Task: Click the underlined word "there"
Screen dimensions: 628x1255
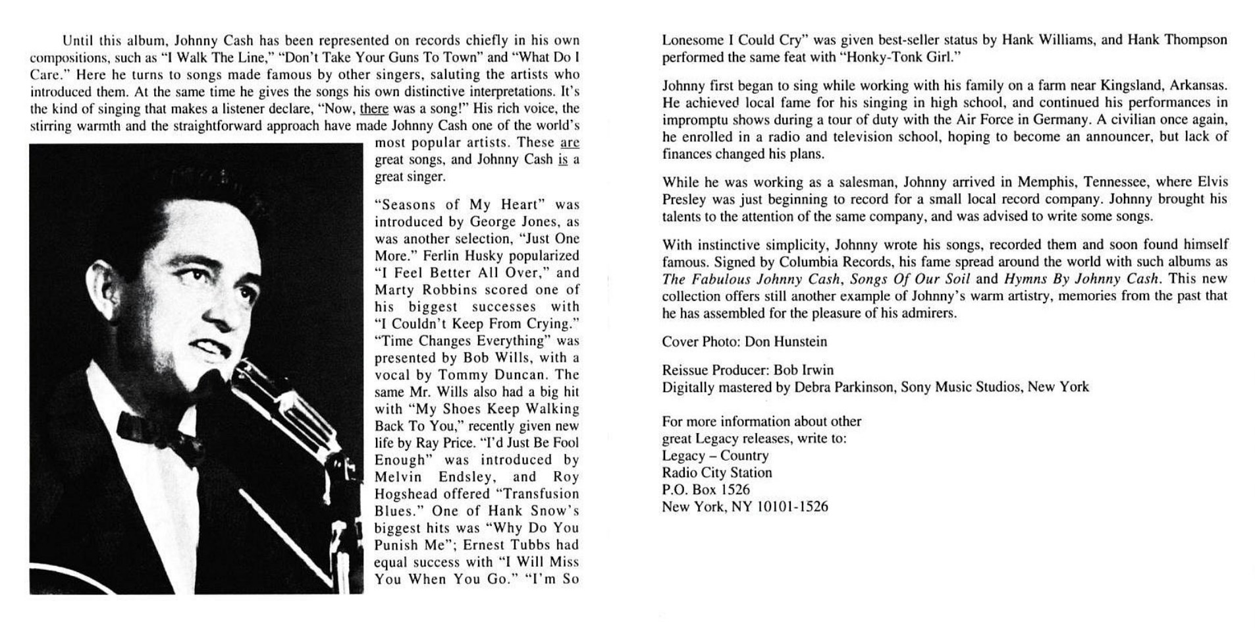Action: click(x=374, y=109)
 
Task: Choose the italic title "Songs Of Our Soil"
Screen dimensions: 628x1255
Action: click(x=910, y=279)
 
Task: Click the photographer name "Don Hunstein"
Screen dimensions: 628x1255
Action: click(x=786, y=341)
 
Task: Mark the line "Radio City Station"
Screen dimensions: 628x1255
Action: click(x=717, y=472)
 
